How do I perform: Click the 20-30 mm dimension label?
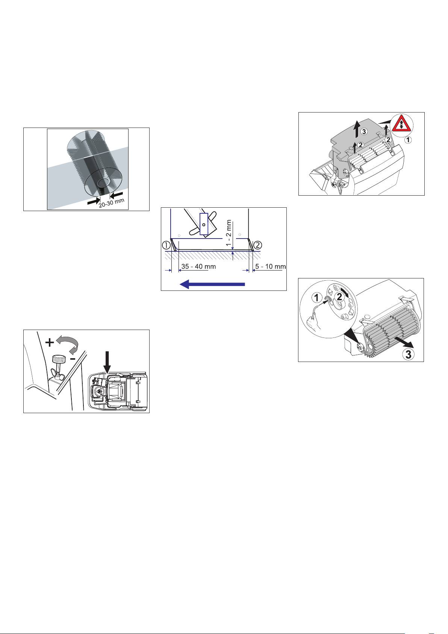coord(112,203)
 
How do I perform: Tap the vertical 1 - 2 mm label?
coord(229,233)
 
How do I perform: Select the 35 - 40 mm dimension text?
coord(198,266)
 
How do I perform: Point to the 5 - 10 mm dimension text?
coord(271,266)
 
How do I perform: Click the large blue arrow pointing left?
coord(212,284)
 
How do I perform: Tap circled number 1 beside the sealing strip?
coord(166,245)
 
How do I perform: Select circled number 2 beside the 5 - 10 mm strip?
coord(258,244)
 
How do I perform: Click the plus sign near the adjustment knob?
coord(50,342)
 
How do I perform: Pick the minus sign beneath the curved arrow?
coord(73,359)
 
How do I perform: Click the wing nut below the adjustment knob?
coord(57,375)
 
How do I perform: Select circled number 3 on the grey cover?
coord(364,131)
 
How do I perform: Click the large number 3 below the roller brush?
coord(409,354)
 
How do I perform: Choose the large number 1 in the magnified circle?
coord(317,298)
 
